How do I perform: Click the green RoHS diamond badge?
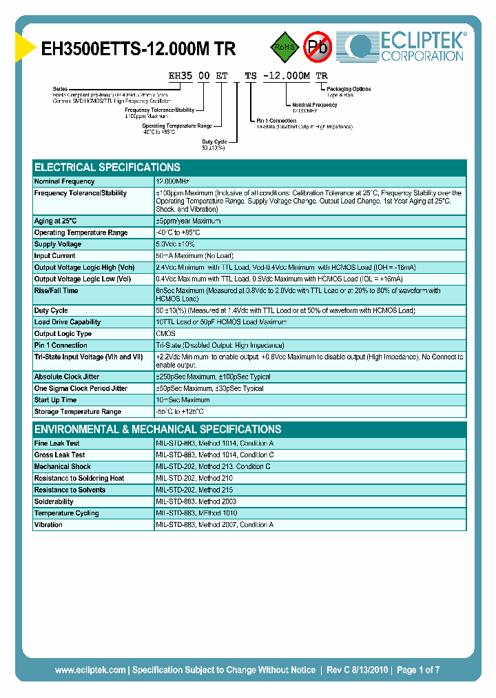pyautogui.click(x=284, y=47)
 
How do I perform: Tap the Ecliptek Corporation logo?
pyautogui.click(x=406, y=47)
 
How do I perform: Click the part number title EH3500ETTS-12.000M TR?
pyautogui.click(x=138, y=49)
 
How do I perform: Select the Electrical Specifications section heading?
pyautogui.click(x=107, y=167)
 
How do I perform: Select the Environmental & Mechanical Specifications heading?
pyautogui.click(x=158, y=429)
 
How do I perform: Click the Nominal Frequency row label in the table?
pyautogui.click(x=64, y=181)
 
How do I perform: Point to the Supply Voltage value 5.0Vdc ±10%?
pyautogui.click(x=176, y=244)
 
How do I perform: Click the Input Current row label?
pyautogui.click(x=55, y=256)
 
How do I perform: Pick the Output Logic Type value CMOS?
pyautogui.click(x=166, y=334)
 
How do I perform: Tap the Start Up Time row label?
pyautogui.click(x=55, y=400)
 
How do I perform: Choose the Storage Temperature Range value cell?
pyautogui.click(x=180, y=412)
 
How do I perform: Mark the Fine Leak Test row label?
pyautogui.click(x=56, y=443)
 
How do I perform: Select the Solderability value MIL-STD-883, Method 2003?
pyautogui.click(x=196, y=501)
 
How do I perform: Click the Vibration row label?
pyautogui.click(x=48, y=525)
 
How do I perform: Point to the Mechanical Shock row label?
pyautogui.click(x=62, y=466)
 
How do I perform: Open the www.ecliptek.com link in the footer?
pyautogui.click(x=90, y=670)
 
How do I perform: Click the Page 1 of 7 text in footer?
pyautogui.click(x=417, y=670)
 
